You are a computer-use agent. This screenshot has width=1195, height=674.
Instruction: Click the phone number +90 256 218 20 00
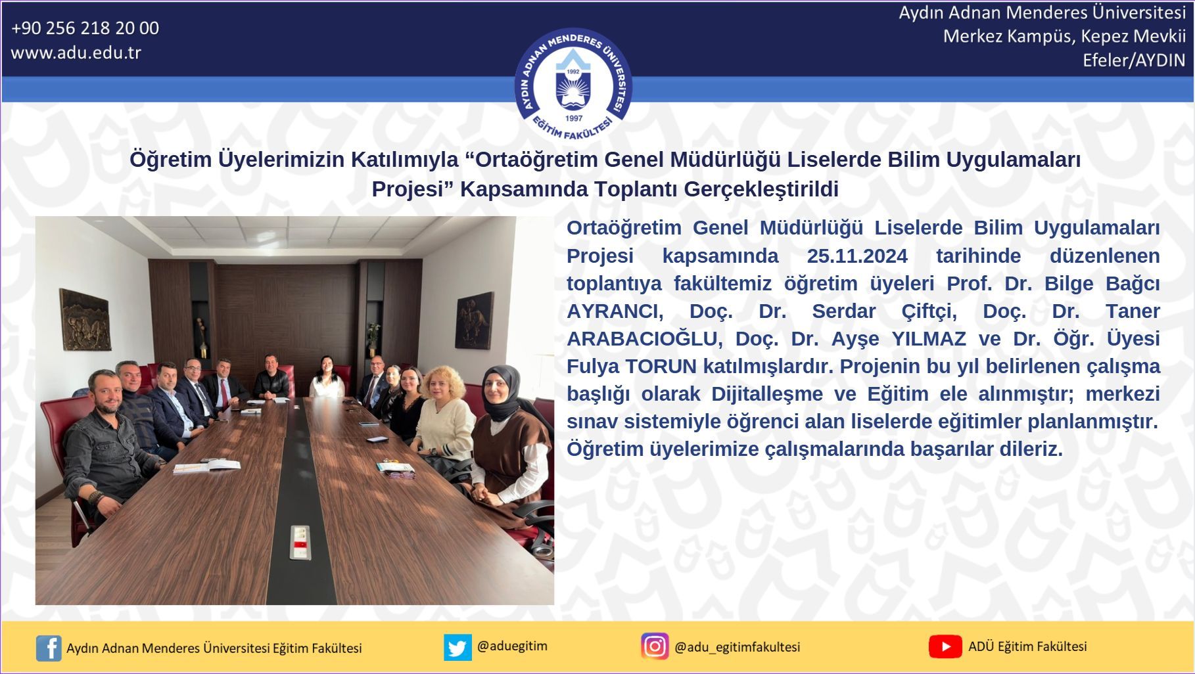pos(85,28)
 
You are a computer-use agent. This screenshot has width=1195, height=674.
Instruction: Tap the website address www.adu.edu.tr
pos(76,53)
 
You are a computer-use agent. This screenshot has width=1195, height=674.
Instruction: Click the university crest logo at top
pos(573,85)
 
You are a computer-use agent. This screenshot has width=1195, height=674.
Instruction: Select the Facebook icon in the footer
pos(49,648)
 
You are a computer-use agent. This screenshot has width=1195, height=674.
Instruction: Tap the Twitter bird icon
pos(457,647)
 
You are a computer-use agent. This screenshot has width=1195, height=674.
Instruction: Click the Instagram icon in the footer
pos(655,646)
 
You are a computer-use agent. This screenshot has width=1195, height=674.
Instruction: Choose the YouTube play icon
pos(945,646)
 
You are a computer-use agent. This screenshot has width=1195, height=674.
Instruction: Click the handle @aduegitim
pos(512,646)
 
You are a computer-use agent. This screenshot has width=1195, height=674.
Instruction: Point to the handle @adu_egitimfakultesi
pos(738,647)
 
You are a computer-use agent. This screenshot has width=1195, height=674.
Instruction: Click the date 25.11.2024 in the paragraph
pos(857,256)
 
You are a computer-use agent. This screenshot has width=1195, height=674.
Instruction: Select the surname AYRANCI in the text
pos(615,311)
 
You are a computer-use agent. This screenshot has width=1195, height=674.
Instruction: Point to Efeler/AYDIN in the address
pos(1134,60)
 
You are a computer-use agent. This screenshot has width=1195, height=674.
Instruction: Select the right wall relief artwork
pos(475,320)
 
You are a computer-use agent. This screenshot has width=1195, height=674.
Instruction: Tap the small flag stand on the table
pos(300,543)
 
